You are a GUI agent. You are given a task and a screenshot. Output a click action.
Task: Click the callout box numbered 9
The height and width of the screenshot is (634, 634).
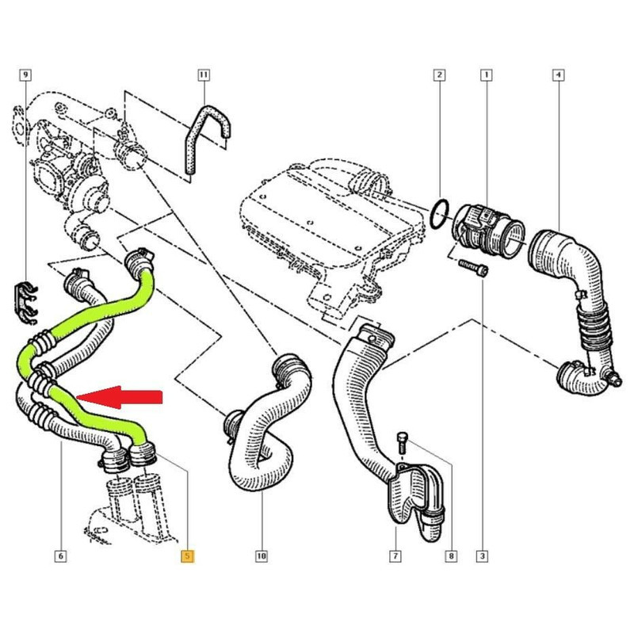click(26, 75)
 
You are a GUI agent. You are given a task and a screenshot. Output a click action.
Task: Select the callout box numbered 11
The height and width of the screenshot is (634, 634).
click(203, 75)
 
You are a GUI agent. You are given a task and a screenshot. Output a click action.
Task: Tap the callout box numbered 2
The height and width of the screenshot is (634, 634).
click(438, 75)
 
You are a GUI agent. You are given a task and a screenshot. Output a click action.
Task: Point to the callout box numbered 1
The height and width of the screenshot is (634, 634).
click(486, 75)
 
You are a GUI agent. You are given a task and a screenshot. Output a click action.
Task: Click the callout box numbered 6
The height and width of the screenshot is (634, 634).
click(60, 556)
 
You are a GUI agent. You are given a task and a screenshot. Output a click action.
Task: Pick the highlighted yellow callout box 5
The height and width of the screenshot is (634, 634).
click(187, 556)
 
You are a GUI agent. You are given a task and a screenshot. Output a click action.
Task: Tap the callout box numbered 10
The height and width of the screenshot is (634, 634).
click(261, 556)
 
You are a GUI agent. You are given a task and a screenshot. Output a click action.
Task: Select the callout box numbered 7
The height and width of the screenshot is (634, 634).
click(394, 556)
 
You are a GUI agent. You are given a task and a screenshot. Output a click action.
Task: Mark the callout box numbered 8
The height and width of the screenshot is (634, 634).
click(450, 556)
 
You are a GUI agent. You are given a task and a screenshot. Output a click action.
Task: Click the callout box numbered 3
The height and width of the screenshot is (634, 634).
click(483, 556)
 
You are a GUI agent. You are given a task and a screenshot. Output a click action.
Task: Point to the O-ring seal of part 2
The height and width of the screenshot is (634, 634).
click(439, 212)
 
